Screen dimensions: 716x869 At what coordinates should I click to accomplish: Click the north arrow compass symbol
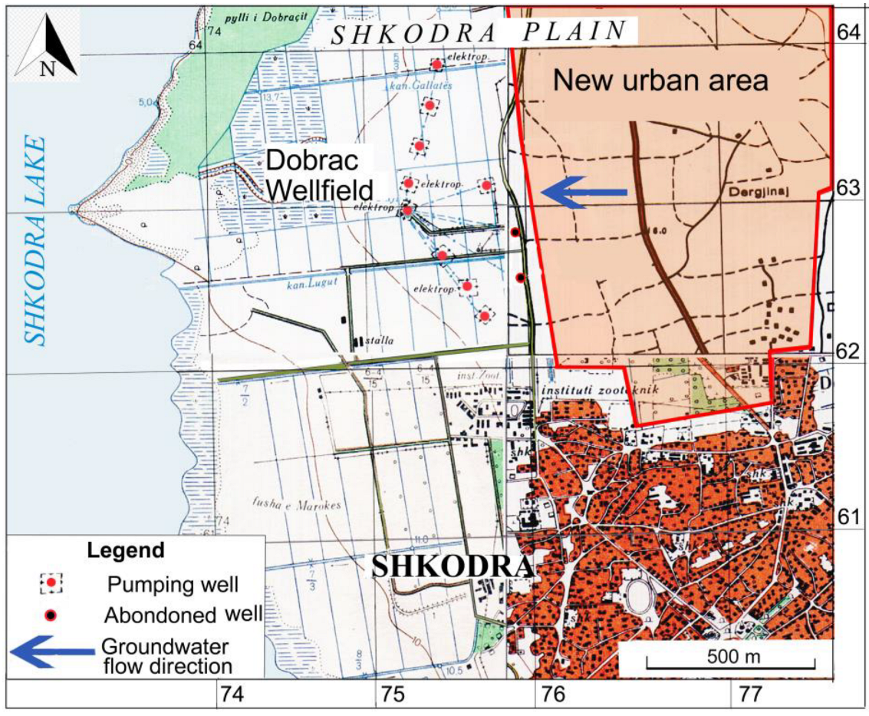pyautogui.click(x=47, y=46)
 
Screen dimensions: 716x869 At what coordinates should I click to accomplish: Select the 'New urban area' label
pyautogui.click(x=660, y=80)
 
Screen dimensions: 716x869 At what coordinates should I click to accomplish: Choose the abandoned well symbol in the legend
pyautogui.click(x=51, y=615)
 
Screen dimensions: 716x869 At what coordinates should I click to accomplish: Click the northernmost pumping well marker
pyautogui.click(x=436, y=64)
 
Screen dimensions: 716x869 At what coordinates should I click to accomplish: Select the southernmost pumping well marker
pyautogui.click(x=485, y=315)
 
